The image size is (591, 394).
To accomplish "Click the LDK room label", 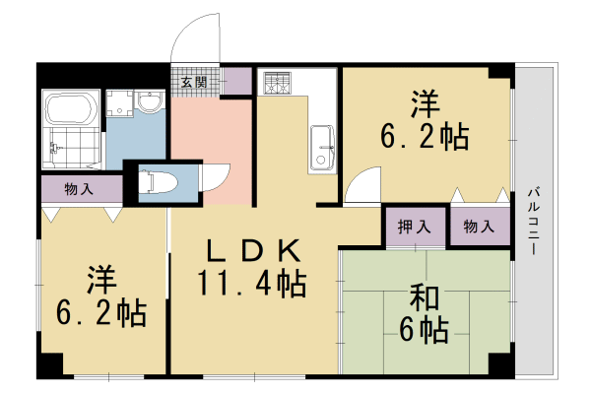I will (x=252, y=252).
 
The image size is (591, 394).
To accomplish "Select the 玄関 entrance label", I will (x=194, y=83).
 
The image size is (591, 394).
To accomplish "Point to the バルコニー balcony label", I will (x=533, y=223).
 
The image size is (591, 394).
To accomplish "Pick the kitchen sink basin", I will (x=322, y=149).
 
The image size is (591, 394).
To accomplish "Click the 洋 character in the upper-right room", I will (x=425, y=101).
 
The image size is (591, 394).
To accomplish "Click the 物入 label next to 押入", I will (x=480, y=227).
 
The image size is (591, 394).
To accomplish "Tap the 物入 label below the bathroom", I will (x=79, y=187).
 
